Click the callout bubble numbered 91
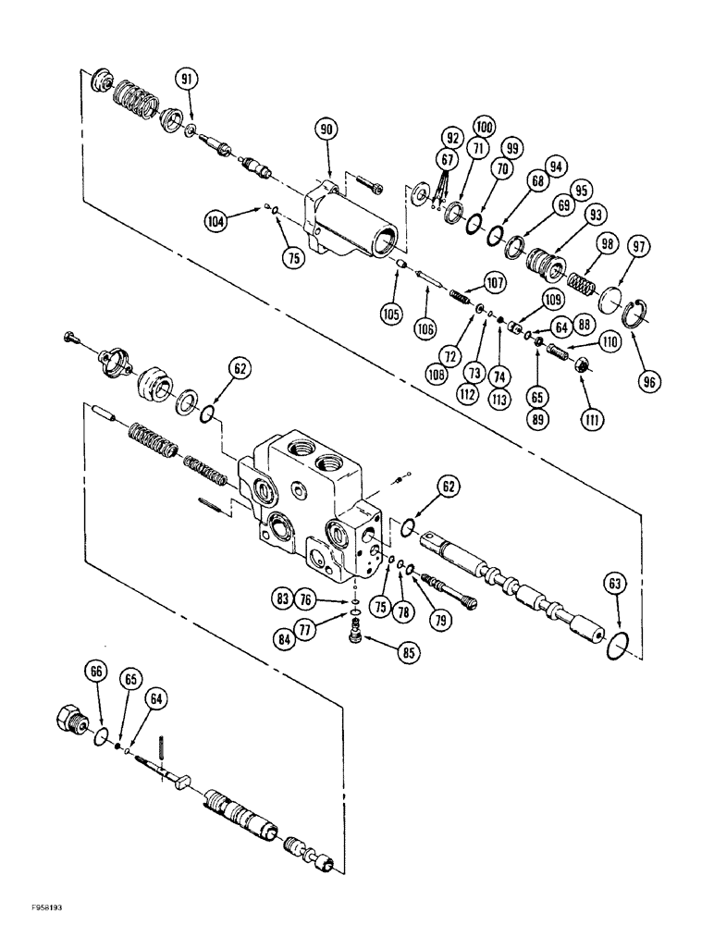pyautogui.click(x=188, y=80)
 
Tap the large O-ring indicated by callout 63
pyautogui.click(x=617, y=645)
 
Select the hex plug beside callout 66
pyautogui.click(x=76, y=718)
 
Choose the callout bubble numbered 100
pyautogui.click(x=484, y=125)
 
